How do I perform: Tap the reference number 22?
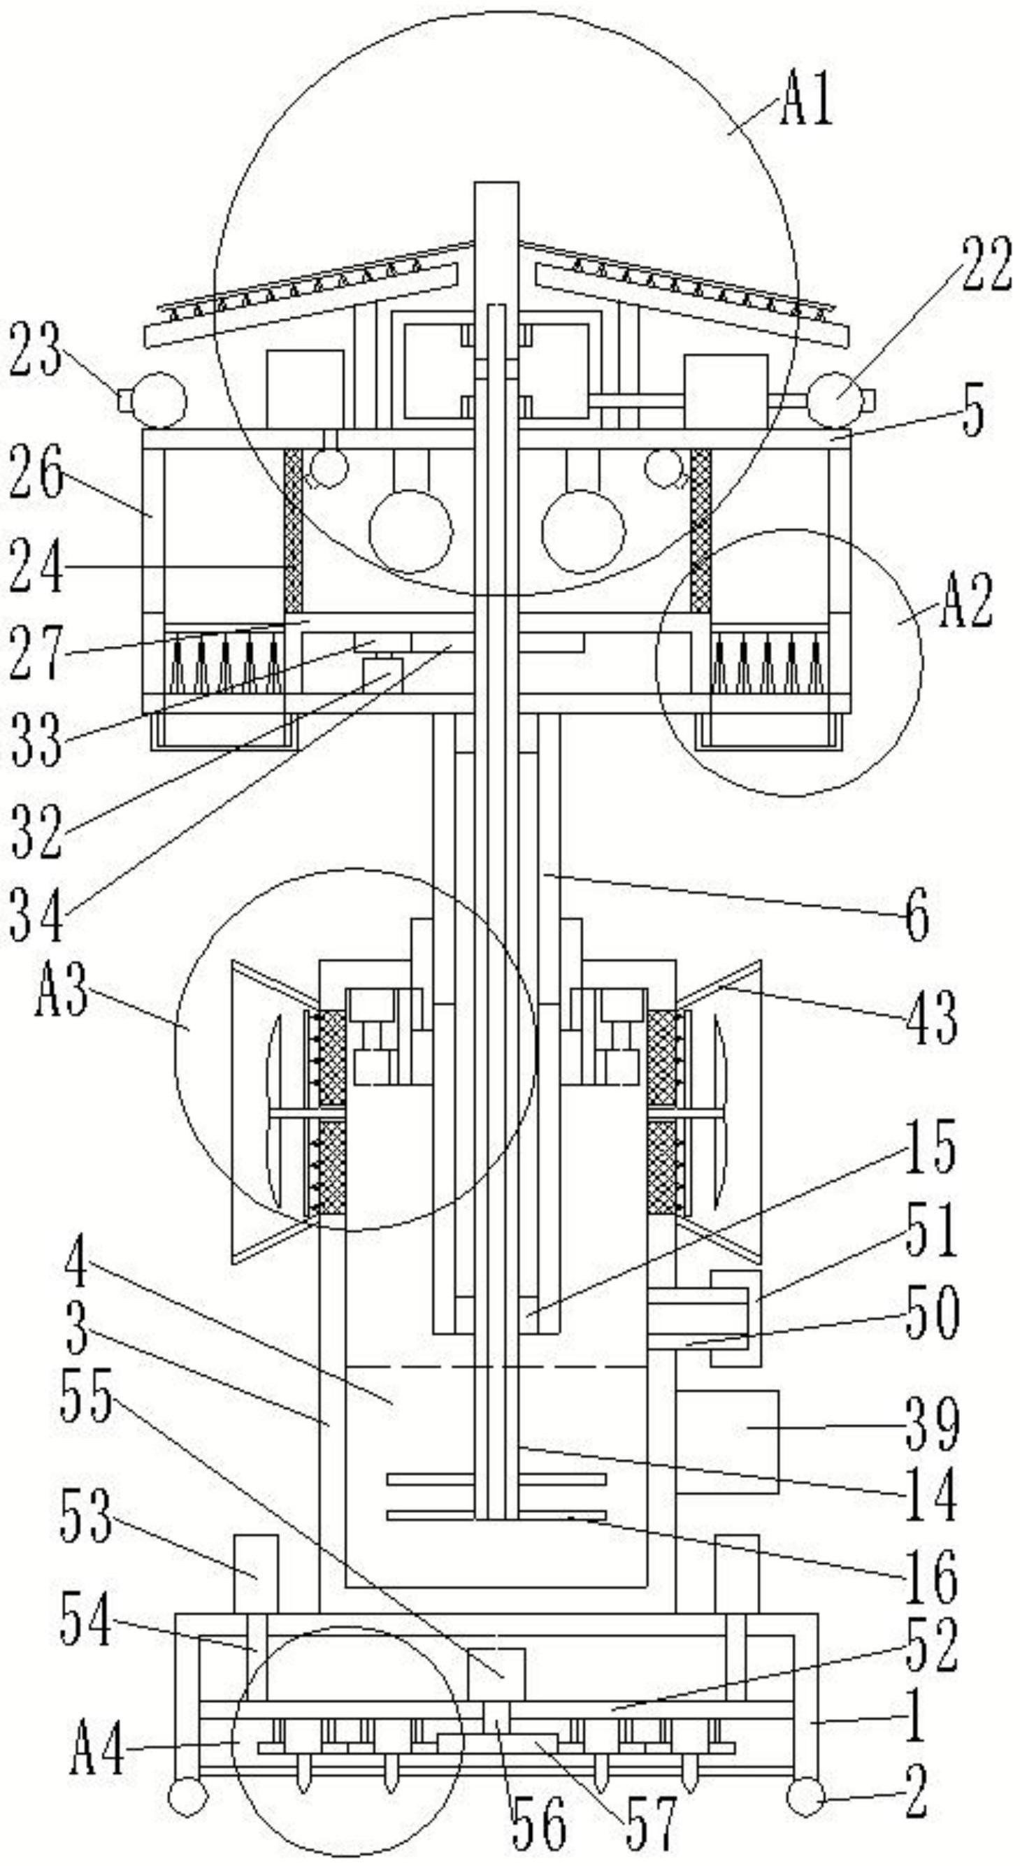(x=986, y=265)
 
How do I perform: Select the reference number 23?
(x=36, y=350)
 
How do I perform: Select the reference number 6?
(x=918, y=915)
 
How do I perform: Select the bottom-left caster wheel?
(x=187, y=1798)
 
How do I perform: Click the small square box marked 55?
(x=496, y=1672)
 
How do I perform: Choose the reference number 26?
(x=36, y=472)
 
